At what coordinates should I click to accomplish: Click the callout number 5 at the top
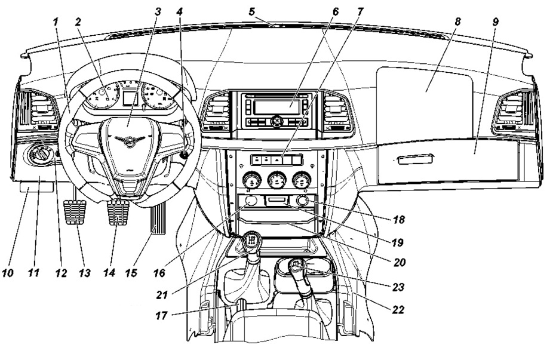[252, 12]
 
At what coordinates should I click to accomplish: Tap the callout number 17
[161, 315]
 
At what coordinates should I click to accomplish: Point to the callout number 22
[398, 309]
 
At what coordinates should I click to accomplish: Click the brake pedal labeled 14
[118, 212]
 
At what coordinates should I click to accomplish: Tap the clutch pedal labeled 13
[75, 213]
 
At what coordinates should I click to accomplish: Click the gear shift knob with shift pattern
[251, 241]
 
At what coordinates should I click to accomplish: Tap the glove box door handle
[415, 159]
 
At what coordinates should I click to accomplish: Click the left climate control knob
[252, 180]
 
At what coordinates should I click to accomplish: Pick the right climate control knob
[302, 180]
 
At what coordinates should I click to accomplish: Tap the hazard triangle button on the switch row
[277, 160]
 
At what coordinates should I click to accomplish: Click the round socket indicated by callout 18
[302, 201]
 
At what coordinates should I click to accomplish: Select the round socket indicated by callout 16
[251, 201]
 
